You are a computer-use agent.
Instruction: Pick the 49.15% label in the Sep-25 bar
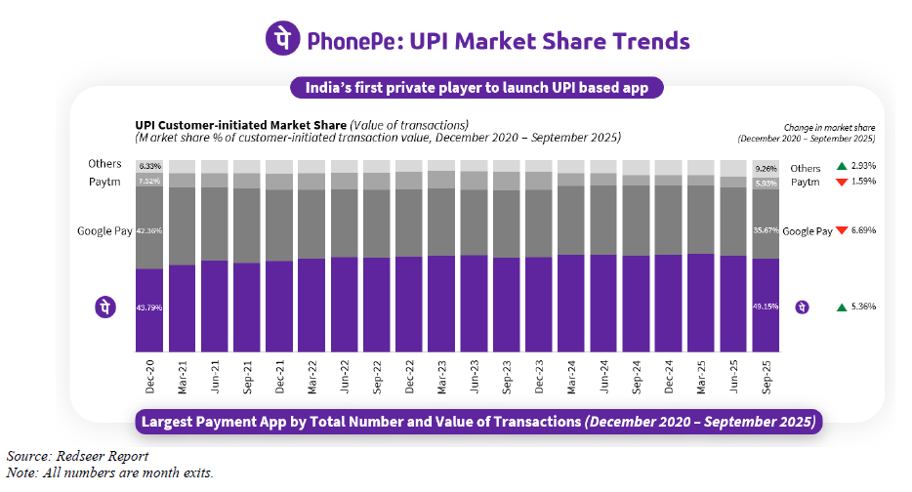pyautogui.click(x=765, y=307)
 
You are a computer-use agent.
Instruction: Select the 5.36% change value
pyautogui.click(x=862, y=307)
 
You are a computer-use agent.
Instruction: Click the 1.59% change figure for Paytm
pyautogui.click(x=862, y=182)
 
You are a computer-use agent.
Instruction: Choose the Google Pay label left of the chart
pyautogui.click(x=104, y=231)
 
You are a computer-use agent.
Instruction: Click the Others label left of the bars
pyautogui.click(x=104, y=164)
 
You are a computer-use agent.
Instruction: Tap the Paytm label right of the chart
pyautogui.click(x=805, y=182)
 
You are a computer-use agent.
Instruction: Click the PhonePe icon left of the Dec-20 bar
pyautogui.click(x=105, y=307)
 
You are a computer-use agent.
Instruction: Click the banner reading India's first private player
pyautogui.click(x=477, y=88)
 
